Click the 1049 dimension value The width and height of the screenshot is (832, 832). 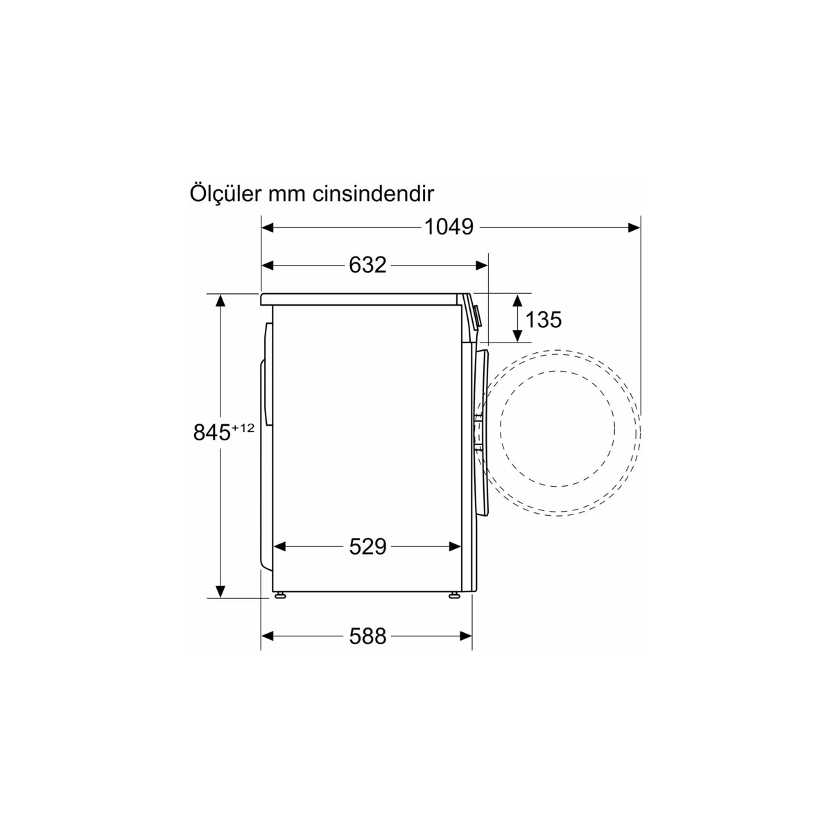449,227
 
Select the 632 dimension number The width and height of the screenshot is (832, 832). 367,265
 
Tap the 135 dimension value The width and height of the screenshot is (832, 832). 543,320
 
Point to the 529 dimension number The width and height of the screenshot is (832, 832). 367,546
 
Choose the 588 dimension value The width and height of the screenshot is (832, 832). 367,636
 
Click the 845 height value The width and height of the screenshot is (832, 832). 211,432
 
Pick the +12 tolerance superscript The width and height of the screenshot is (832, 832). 243,428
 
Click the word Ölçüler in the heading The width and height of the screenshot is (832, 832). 225,193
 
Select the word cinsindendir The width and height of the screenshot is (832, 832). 373,194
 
